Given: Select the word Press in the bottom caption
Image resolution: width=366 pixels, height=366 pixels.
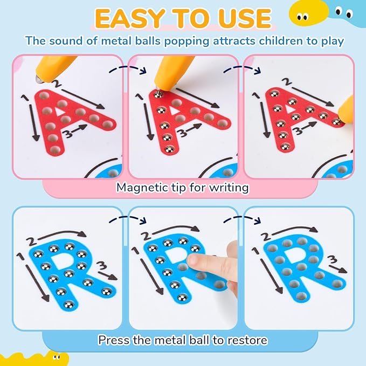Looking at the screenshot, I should pos(111,340).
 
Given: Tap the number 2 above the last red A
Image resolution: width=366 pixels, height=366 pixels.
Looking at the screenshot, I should pos(286,81).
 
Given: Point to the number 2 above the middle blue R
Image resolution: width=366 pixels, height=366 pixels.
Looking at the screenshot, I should pos(147,235).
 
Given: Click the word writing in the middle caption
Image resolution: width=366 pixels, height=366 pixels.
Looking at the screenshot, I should pos(229,188).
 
